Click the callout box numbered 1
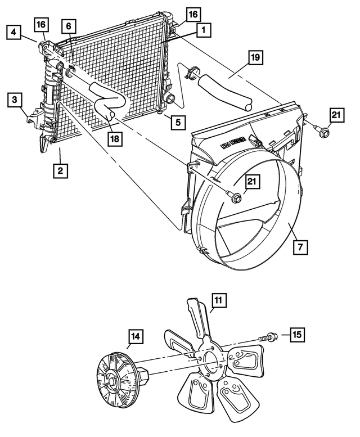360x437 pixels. pyautogui.click(x=203, y=28)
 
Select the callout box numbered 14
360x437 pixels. pyautogui.click(x=135, y=337)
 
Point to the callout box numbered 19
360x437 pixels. pyautogui.click(x=254, y=57)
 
